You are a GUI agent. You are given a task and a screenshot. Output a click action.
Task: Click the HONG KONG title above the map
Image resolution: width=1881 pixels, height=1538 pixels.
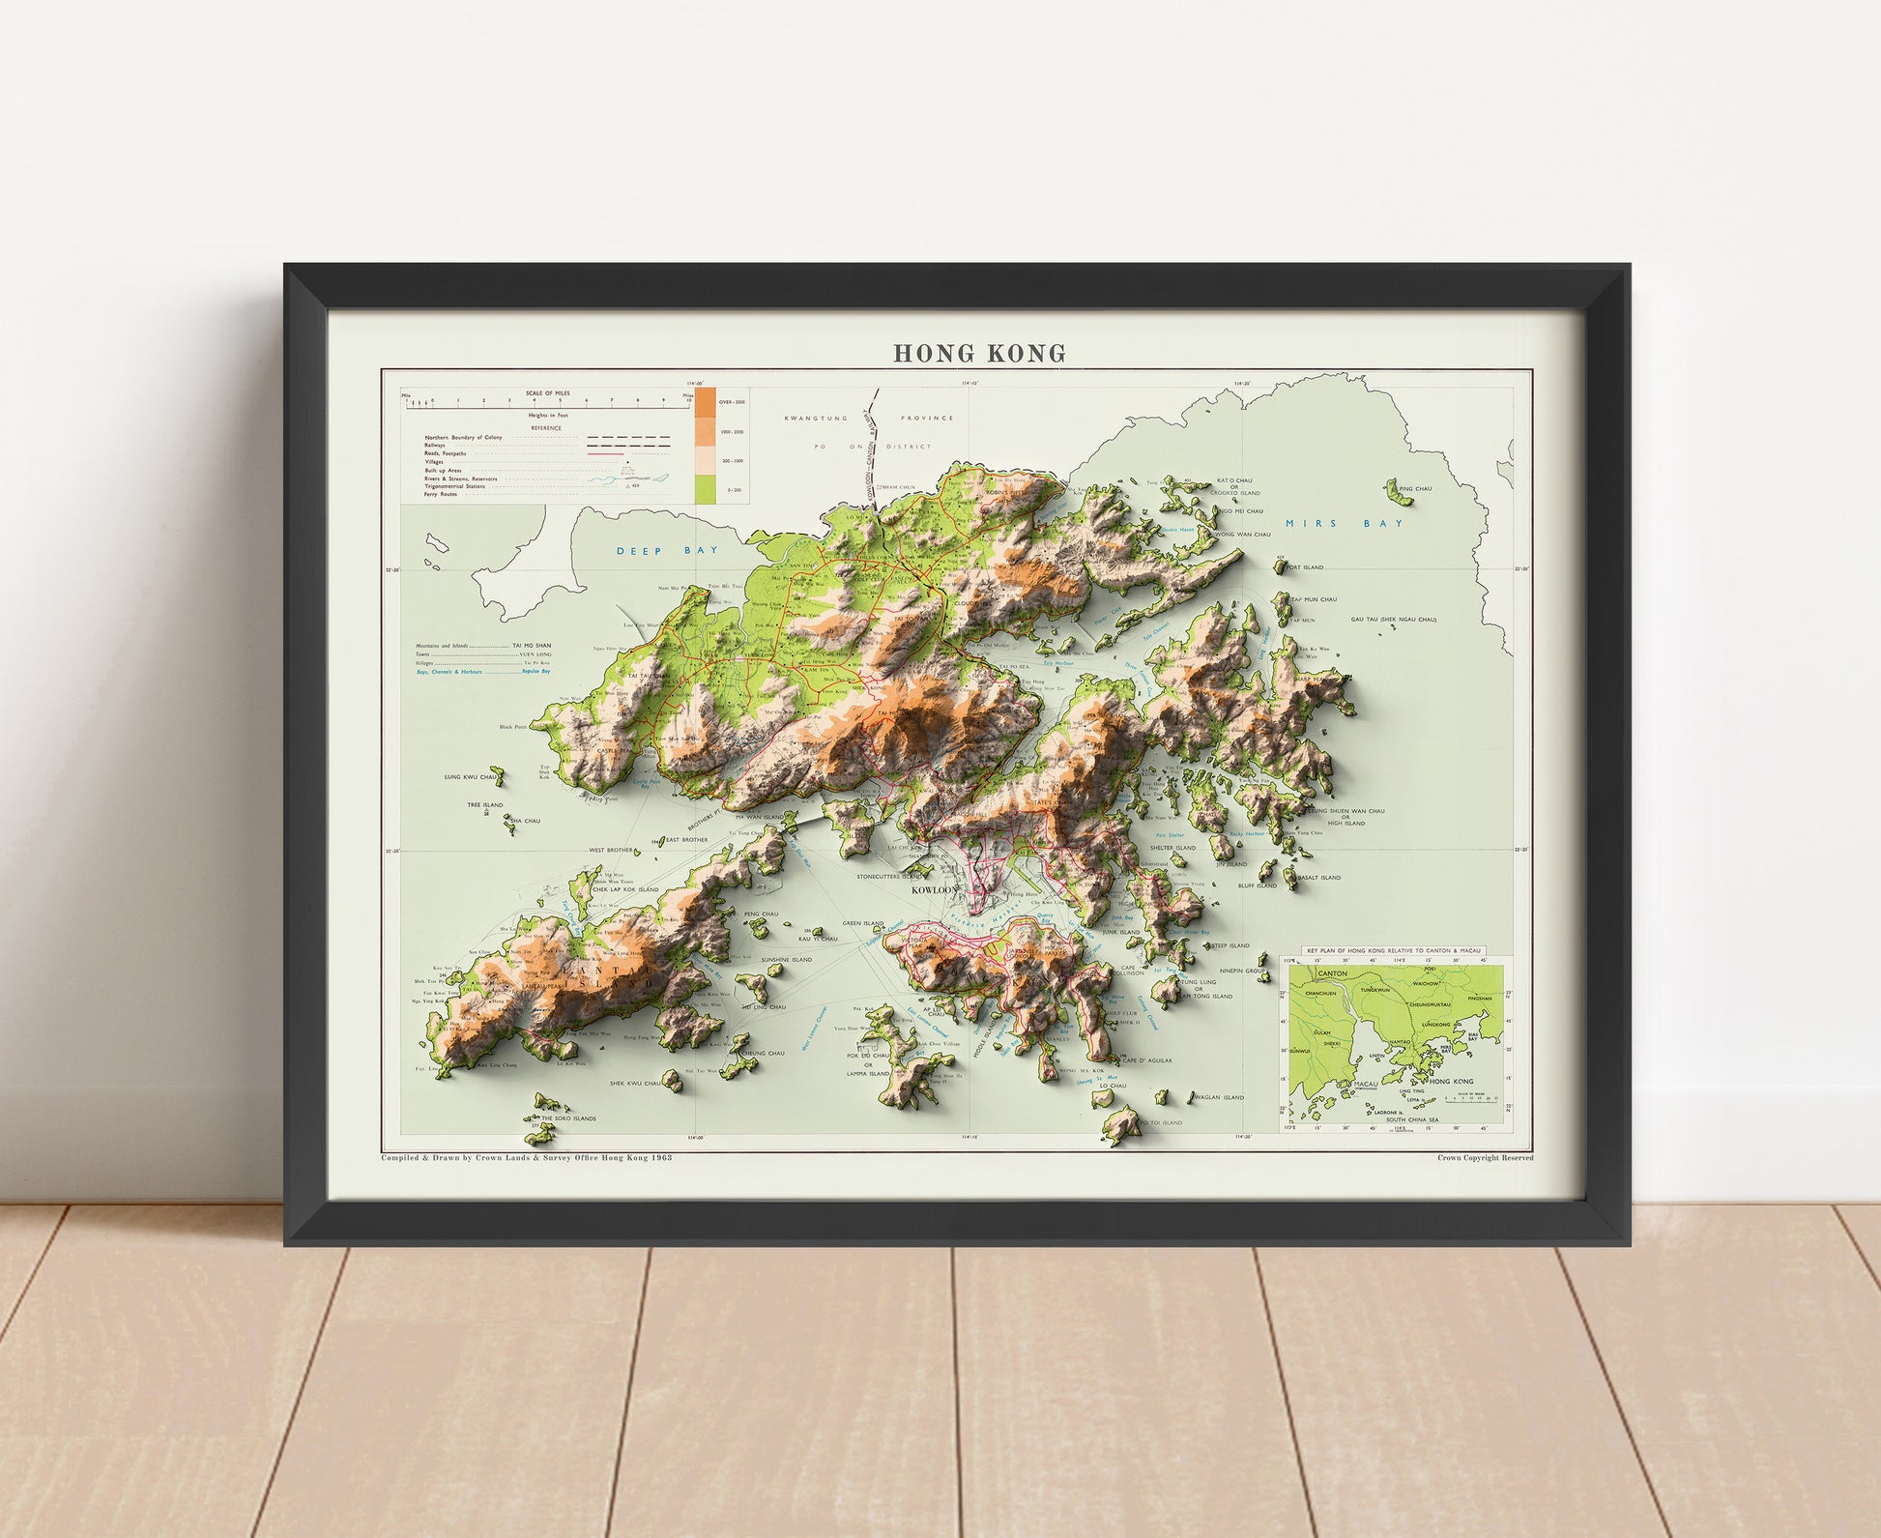pyautogui.click(x=979, y=354)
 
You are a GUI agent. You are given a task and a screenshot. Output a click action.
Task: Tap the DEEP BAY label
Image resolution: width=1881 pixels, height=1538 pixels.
pyautogui.click(x=656, y=550)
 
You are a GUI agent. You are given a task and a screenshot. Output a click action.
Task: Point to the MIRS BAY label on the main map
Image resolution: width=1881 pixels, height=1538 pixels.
pyautogui.click(x=1344, y=523)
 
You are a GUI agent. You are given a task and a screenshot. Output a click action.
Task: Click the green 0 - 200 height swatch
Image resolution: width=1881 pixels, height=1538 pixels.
pyautogui.click(x=706, y=489)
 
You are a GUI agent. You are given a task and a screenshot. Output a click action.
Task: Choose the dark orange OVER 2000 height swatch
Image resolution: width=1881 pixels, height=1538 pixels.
pyautogui.click(x=706, y=401)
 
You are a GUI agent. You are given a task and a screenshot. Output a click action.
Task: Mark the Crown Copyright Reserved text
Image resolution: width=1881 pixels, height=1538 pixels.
pyautogui.click(x=1485, y=1157)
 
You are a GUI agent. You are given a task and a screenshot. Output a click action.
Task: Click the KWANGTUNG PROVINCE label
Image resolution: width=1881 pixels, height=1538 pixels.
pyautogui.click(x=869, y=419)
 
